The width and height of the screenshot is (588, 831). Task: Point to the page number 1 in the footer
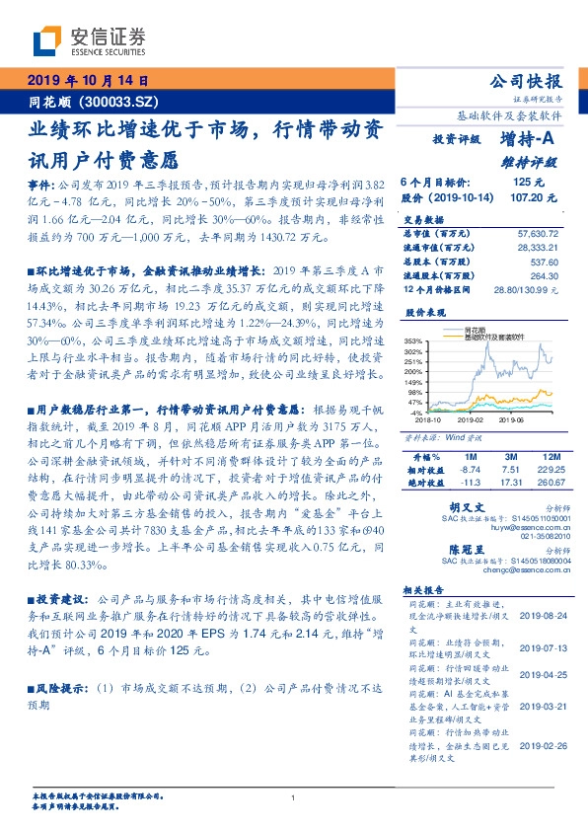point(294,797)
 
